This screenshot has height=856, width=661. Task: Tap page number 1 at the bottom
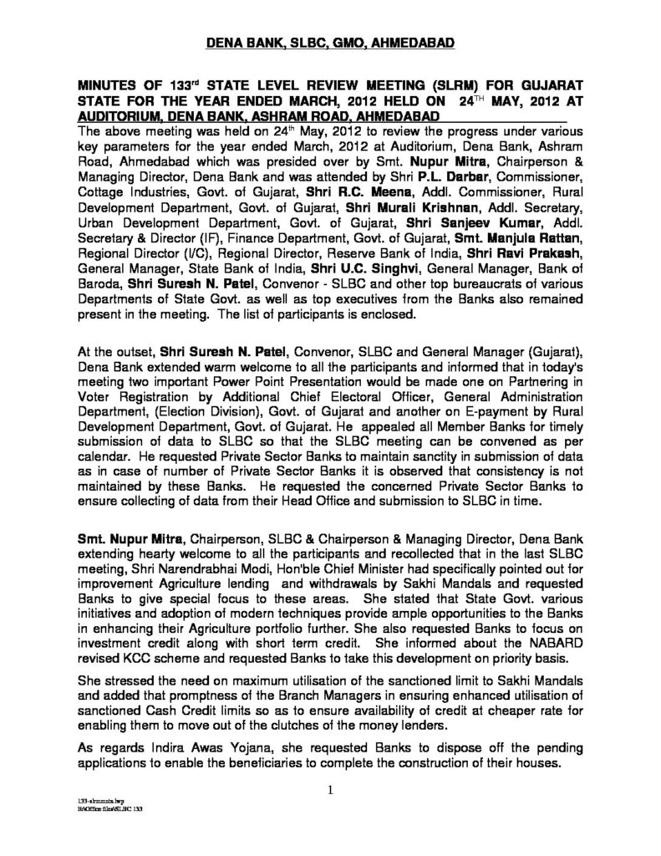point(330,789)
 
